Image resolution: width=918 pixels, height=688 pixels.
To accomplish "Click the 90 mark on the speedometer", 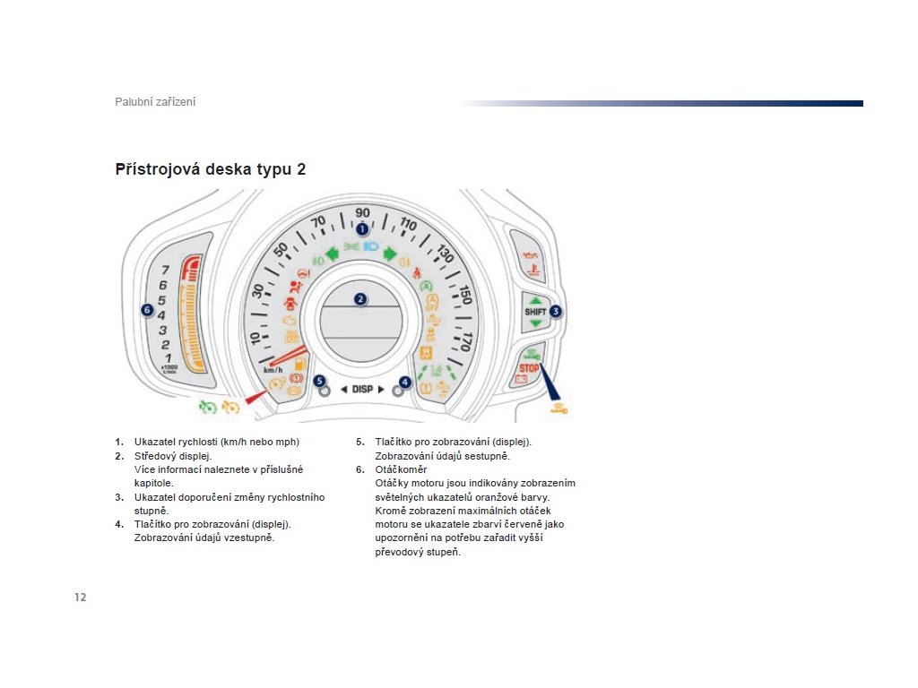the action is click(362, 212).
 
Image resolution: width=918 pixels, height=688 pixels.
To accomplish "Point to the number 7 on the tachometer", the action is click(164, 270).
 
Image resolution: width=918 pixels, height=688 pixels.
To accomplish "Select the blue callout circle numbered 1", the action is click(362, 229).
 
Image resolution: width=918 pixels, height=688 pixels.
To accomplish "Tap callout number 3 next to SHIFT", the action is click(556, 312).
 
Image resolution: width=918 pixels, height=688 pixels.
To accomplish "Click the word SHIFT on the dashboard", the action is click(535, 312).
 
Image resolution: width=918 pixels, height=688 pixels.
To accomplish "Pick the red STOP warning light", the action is click(529, 367).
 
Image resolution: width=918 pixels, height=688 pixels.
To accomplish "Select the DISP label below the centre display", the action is click(362, 390).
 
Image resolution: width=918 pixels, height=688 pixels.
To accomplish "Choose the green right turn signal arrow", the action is click(391, 254).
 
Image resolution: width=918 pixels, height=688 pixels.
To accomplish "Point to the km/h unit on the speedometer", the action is click(273, 370).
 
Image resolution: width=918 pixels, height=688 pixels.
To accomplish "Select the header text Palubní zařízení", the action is click(155, 102).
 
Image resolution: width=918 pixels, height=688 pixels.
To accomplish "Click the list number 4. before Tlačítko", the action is click(119, 524).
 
